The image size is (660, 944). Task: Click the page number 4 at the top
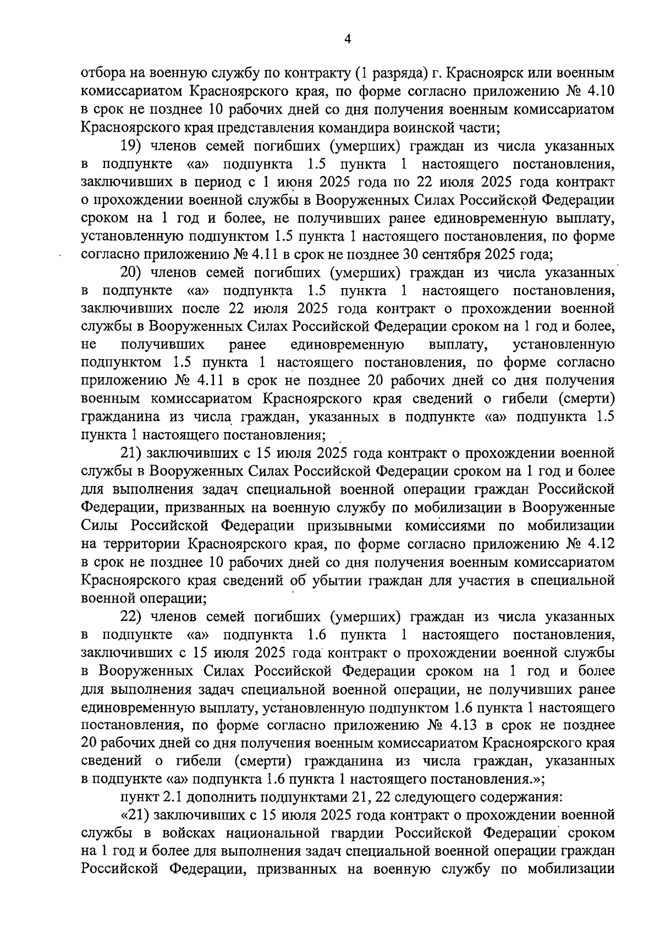pyautogui.click(x=347, y=38)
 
